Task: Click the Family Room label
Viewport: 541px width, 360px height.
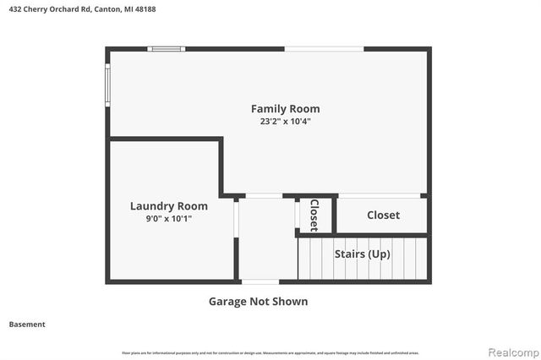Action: [x=285, y=108]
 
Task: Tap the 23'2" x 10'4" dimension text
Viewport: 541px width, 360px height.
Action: [x=285, y=121]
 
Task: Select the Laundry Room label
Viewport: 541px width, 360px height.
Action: [x=168, y=205]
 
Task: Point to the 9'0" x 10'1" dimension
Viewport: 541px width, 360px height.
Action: [x=168, y=219]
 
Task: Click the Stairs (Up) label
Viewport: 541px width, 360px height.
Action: [x=362, y=254]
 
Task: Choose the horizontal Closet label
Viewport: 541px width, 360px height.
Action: [x=383, y=215]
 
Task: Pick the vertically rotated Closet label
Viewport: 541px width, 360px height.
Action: [x=314, y=215]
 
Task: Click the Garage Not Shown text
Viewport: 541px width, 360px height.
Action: [x=258, y=301]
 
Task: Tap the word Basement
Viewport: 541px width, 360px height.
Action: [x=27, y=324]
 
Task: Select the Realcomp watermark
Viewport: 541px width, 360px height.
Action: [x=510, y=351]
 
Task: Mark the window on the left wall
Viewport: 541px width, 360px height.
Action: [x=107, y=85]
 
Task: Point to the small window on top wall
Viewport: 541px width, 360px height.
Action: [x=167, y=49]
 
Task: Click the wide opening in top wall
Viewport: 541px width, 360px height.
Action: [x=324, y=49]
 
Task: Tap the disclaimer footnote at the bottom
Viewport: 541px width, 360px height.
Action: [x=270, y=352]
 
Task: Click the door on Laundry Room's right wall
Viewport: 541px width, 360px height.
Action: [x=237, y=229]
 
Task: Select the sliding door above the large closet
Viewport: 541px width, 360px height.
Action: [x=379, y=196]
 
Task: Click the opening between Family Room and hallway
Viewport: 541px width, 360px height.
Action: [x=264, y=196]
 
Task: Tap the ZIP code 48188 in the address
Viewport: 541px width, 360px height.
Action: [x=143, y=9]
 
